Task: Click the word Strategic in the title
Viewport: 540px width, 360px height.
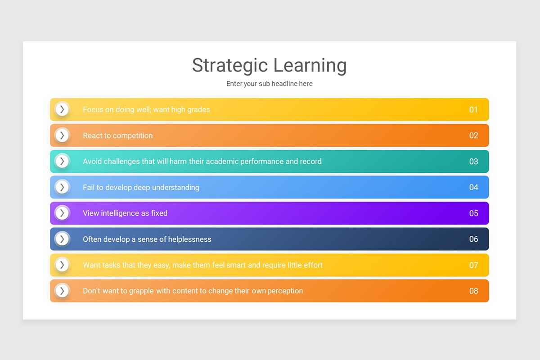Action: (229, 66)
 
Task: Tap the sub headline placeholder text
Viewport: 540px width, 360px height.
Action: (269, 84)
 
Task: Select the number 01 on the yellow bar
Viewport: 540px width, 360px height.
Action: (473, 110)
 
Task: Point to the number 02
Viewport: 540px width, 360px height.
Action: (473, 135)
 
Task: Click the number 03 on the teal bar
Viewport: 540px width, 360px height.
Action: (473, 162)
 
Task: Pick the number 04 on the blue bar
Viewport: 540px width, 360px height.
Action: (473, 187)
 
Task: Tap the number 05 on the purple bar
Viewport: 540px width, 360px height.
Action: (473, 213)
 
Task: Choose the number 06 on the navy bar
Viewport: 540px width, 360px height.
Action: (473, 239)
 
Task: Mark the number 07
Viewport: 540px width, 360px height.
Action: (473, 265)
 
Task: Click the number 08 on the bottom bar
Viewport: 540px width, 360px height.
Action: (473, 291)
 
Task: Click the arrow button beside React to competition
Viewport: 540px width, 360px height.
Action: (62, 135)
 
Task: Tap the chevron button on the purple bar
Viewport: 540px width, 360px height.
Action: (62, 213)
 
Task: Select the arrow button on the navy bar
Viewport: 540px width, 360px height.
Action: (62, 239)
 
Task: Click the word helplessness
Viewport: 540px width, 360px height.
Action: (189, 239)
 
